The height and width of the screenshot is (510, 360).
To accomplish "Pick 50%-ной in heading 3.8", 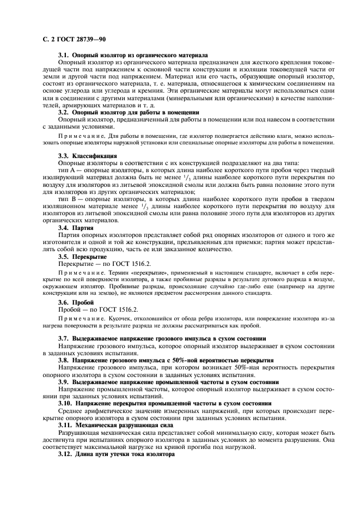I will pyautogui.click(x=184, y=361).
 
